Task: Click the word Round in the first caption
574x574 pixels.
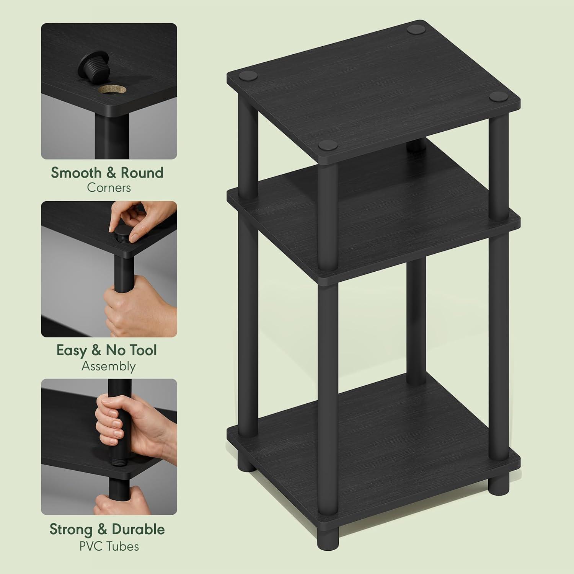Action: (142, 173)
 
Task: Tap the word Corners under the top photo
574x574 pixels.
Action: (109, 188)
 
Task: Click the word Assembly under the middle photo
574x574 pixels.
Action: (109, 366)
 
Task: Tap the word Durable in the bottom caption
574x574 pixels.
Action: (138, 529)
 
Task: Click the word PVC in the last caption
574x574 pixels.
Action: (90, 546)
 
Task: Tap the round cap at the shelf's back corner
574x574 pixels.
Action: (413, 29)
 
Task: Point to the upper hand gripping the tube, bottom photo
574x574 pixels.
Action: (115, 417)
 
